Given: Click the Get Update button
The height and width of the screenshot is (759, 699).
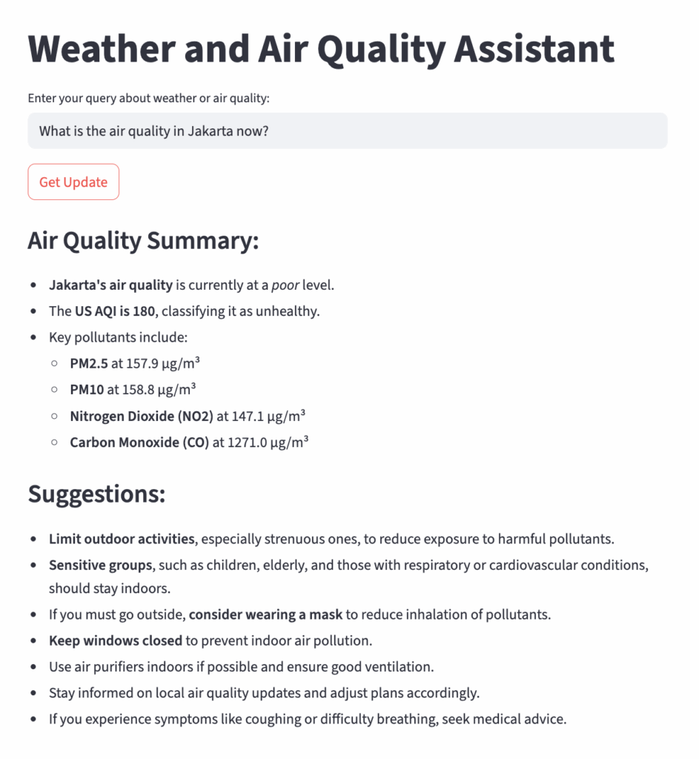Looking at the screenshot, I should coord(73,182).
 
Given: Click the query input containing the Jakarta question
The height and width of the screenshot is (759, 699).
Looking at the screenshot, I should coord(347,131).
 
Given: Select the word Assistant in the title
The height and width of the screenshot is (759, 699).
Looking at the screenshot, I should coord(534,49).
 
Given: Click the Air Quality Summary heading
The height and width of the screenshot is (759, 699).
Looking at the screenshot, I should coord(143,241).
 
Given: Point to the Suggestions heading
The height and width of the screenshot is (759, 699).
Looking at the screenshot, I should coord(96,494).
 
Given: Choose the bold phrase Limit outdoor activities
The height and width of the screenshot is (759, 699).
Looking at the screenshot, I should coord(122,539).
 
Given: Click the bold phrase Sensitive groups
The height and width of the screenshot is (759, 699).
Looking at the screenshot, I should coord(100,566).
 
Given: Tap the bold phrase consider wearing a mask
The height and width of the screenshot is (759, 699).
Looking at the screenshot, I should coord(265,614).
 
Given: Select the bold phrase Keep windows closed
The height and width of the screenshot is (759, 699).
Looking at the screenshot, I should coord(116,640).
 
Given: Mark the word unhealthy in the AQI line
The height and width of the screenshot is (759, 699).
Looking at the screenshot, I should coord(289,311).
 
